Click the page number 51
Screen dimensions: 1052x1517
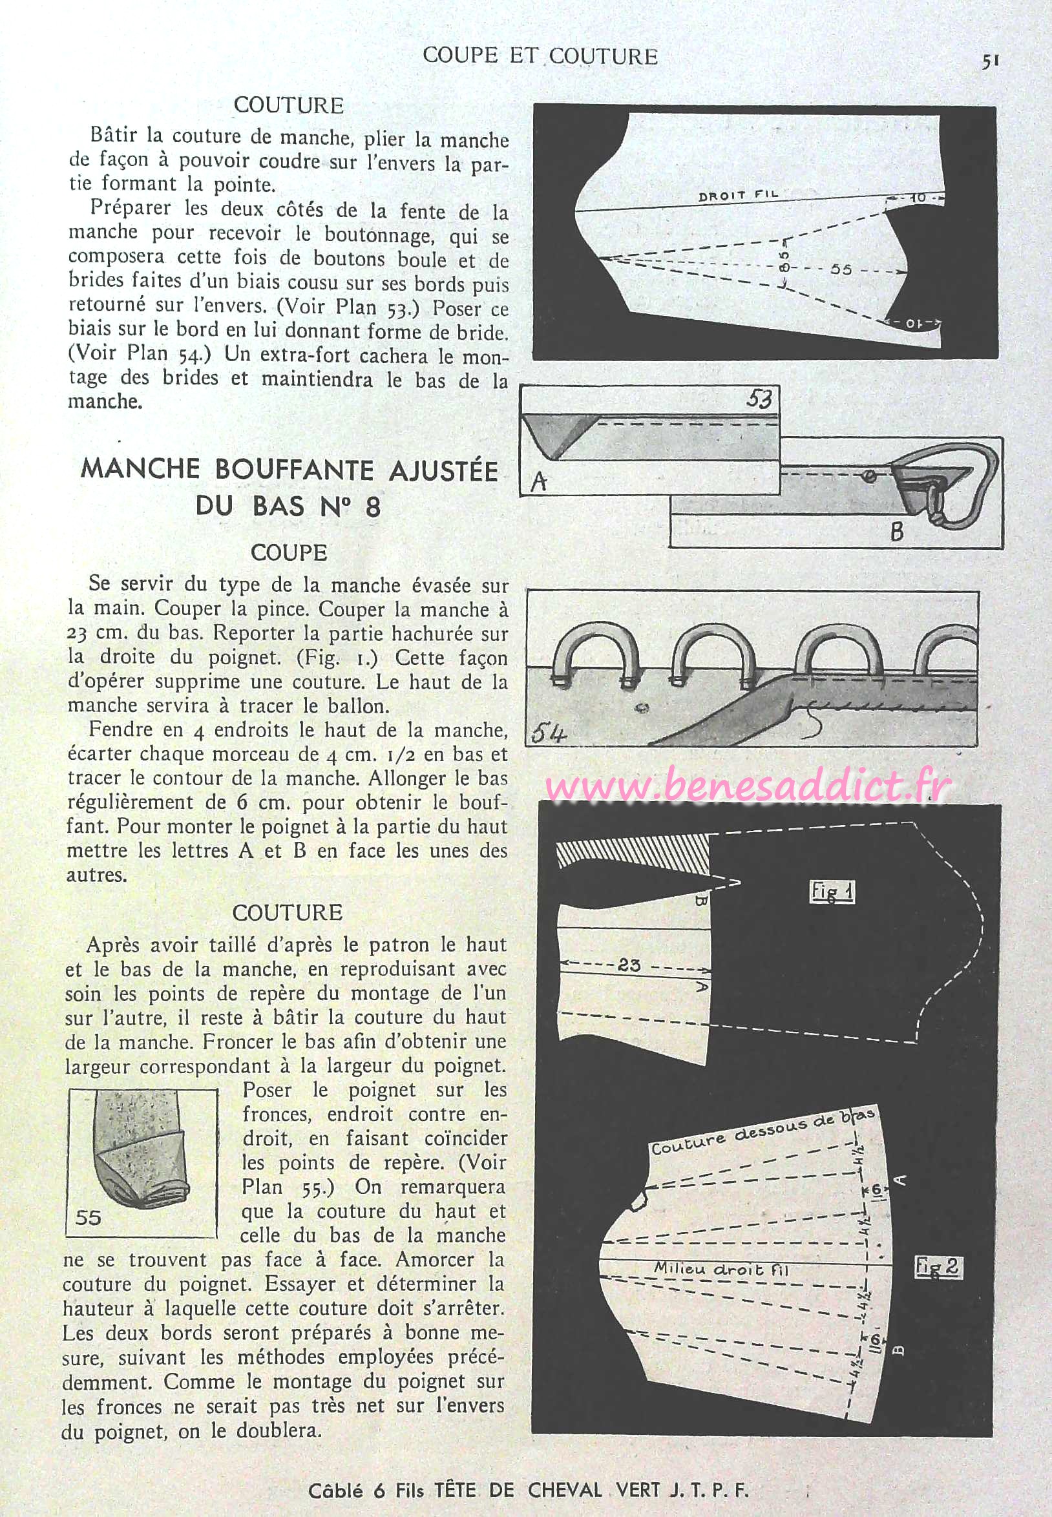click(x=991, y=61)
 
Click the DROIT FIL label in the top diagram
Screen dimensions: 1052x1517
click(x=738, y=195)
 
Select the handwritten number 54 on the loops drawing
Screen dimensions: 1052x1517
click(x=549, y=732)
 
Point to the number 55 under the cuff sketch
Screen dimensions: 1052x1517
click(x=88, y=1217)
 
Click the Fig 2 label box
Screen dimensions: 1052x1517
click(x=938, y=1267)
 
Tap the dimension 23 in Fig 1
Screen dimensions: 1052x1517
click(x=629, y=965)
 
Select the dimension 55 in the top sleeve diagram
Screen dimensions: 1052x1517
click(x=841, y=269)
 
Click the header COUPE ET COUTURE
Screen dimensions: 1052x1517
click(x=540, y=56)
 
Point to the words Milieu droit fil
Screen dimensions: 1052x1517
click(x=721, y=1268)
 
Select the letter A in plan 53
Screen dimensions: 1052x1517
click(x=539, y=483)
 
